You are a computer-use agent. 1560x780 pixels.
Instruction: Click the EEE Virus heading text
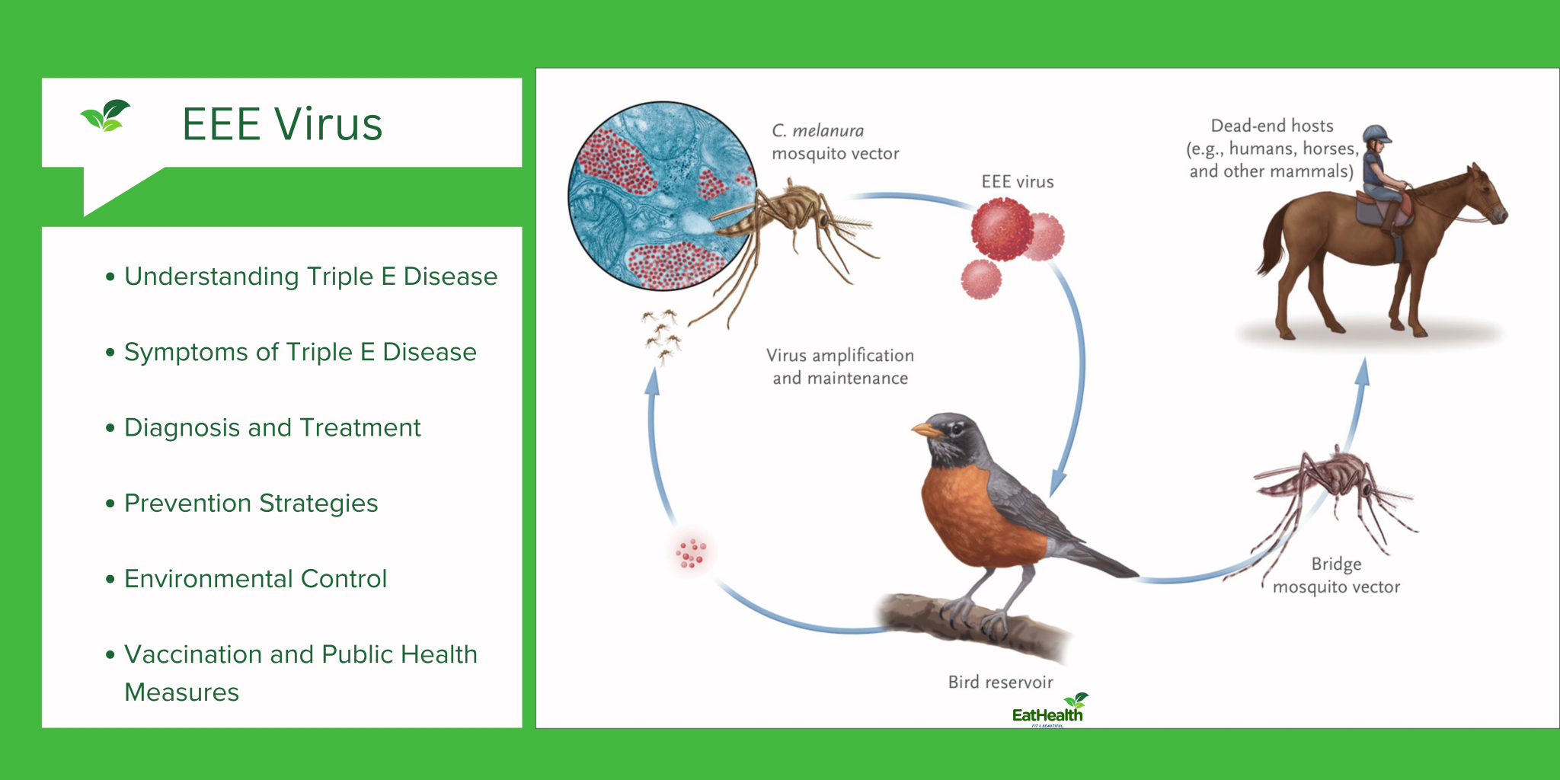(x=282, y=124)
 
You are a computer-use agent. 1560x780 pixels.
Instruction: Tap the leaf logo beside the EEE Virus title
(x=105, y=116)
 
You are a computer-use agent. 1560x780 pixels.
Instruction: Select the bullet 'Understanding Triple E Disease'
(x=310, y=277)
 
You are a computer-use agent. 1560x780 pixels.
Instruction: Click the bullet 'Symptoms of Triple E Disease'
(x=300, y=352)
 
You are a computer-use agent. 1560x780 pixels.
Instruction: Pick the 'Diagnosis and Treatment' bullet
(x=272, y=427)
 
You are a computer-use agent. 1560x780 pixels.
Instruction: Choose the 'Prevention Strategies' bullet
(x=251, y=503)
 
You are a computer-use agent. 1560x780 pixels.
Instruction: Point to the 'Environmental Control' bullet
(x=255, y=579)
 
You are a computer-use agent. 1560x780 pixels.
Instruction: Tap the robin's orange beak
(x=925, y=430)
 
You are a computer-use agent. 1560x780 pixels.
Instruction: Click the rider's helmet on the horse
(x=1376, y=134)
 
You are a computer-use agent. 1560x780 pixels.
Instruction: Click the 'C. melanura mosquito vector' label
(x=834, y=142)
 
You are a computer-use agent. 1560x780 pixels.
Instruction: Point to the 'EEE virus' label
(x=1017, y=182)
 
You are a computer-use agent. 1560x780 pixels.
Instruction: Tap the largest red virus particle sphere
(x=1002, y=228)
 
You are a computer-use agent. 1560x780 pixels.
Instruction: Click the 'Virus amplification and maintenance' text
(x=839, y=366)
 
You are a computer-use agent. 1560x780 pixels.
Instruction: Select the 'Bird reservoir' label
(x=1000, y=682)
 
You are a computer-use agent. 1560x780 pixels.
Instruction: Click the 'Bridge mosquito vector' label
(x=1336, y=575)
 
